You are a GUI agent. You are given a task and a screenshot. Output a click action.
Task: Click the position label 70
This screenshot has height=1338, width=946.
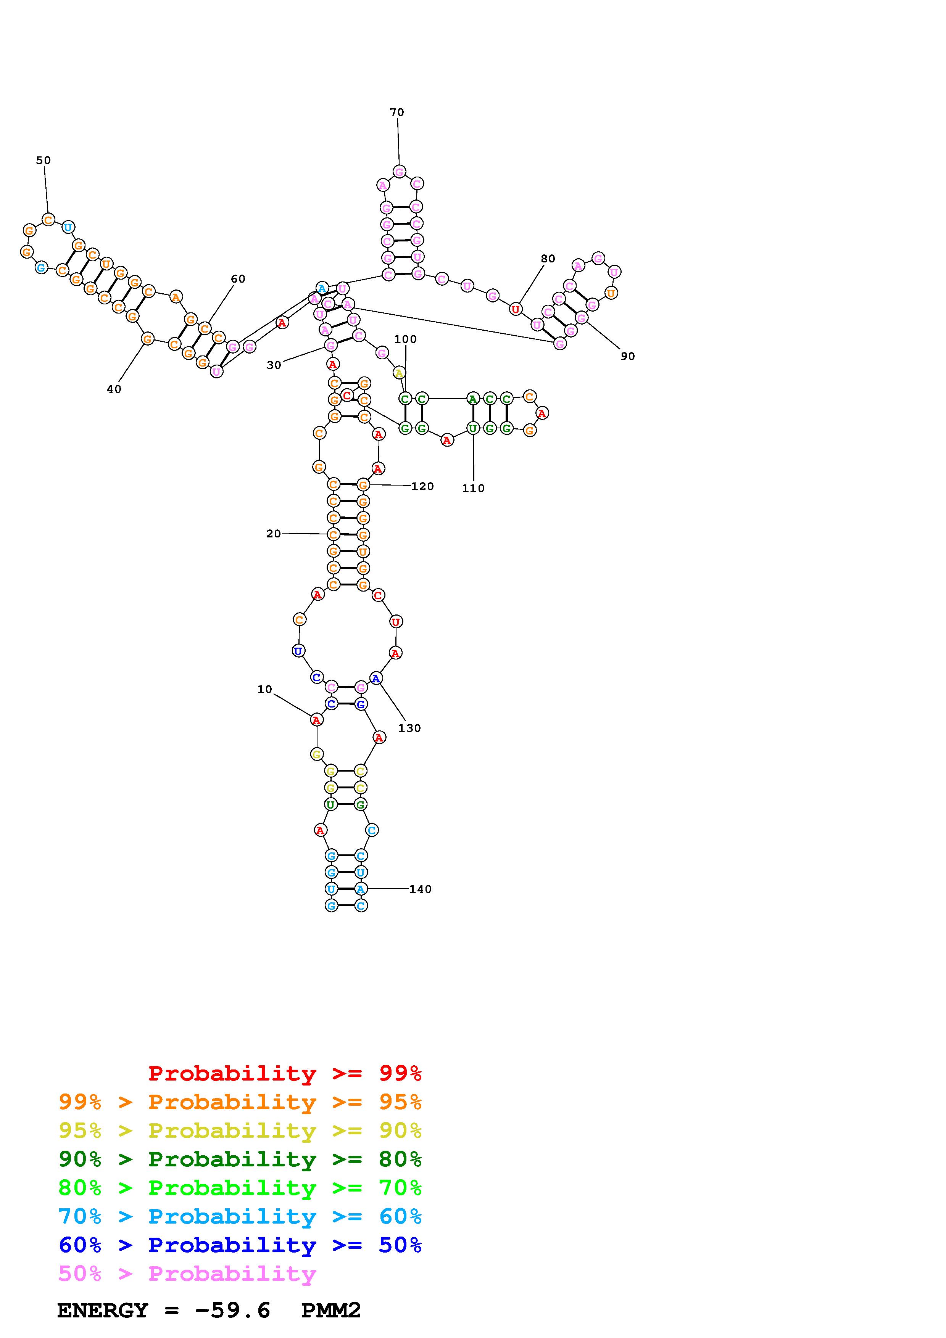397,112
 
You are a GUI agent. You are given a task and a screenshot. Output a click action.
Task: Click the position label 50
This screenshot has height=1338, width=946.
43,160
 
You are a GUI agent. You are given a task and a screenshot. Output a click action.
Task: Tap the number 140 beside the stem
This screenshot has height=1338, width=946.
420,889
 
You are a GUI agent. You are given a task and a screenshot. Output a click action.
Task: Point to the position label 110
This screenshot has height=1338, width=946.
473,488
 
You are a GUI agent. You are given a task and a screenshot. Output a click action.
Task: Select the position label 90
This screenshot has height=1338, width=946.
628,356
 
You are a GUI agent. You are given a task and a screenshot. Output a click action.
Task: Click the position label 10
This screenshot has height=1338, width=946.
264,689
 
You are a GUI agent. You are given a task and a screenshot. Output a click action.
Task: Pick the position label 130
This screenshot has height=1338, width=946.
409,728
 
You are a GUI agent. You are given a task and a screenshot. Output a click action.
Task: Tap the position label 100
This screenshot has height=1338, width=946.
405,339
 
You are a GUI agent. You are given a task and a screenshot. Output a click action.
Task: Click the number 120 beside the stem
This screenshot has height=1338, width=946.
422,486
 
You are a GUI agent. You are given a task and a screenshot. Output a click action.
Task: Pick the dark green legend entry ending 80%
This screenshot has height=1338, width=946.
240,1159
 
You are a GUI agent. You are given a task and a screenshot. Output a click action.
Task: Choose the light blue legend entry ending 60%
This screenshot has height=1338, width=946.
240,1217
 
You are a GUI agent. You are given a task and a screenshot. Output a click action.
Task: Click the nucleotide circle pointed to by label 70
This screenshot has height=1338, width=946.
399,171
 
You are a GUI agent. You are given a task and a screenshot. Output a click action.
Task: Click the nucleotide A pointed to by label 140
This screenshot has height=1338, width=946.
361,889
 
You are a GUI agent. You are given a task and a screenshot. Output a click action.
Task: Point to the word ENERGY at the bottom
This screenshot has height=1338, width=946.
103,1311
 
